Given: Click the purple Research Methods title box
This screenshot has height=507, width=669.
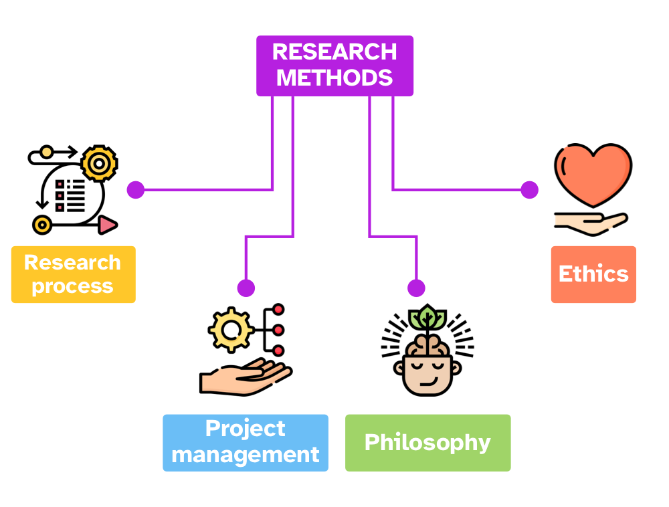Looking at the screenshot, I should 334,65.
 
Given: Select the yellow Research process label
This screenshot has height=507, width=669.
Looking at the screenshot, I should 73,274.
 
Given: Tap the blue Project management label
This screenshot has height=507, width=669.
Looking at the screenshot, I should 246,442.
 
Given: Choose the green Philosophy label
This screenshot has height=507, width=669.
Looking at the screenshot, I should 427,442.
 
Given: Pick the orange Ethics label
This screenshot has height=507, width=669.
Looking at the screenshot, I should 593,274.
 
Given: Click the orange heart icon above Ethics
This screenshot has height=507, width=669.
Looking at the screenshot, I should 593,175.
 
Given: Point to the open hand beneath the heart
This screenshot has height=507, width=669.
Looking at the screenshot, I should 589,223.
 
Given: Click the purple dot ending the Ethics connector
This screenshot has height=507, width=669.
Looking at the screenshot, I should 529,190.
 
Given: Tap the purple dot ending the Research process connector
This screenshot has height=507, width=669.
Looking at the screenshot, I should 136,190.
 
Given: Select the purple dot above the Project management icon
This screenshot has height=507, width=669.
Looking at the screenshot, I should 246,288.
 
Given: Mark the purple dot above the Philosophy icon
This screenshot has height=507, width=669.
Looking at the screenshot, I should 416,288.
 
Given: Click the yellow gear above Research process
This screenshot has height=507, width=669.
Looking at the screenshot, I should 99,163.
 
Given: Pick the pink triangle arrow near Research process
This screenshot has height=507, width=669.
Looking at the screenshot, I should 107,225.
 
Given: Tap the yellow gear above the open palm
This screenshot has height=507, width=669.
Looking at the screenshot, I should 231,330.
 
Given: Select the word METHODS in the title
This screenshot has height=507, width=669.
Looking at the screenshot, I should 334,78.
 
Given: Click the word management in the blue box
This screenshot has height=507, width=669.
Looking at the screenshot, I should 246,455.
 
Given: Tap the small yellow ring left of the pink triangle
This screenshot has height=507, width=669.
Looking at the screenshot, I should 42,225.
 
